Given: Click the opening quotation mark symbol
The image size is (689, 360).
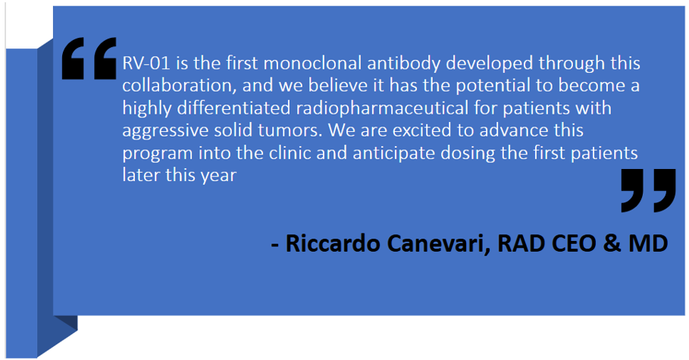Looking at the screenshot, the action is point(89,58).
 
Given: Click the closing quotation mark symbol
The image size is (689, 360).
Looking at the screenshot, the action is point(649,190).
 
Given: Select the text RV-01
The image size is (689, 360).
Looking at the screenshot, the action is point(146,64).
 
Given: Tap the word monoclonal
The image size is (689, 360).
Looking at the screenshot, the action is point(312,64).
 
